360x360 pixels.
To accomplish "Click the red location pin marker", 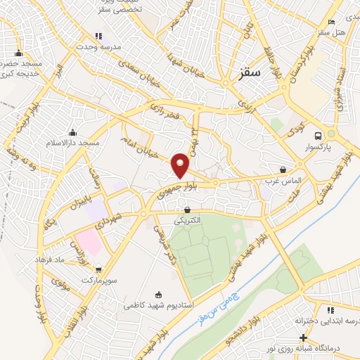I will pos(181,165).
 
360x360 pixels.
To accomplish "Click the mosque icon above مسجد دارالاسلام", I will pos(72,132).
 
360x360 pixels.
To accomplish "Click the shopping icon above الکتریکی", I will pos(187,210).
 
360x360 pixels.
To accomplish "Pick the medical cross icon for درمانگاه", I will pos(303,337).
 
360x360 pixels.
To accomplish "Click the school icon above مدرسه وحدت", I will pos(98,36).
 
